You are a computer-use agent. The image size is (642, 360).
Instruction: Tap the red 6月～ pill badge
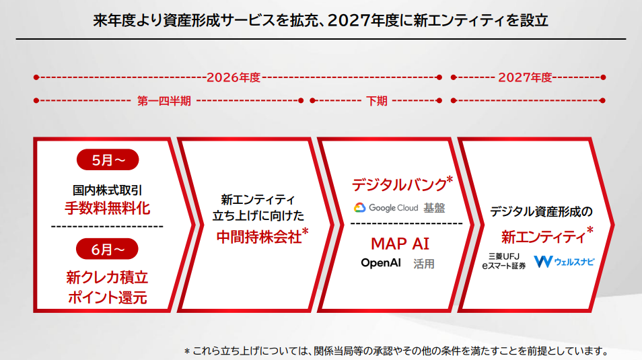[x=107, y=249]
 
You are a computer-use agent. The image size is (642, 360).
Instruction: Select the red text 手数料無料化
[x=107, y=207]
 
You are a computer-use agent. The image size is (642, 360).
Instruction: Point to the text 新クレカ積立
[x=107, y=277]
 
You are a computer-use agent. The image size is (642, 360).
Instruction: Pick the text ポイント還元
[x=107, y=297]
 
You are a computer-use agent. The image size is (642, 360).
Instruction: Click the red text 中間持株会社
[x=258, y=236]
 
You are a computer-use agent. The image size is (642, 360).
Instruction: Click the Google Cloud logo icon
[x=360, y=208]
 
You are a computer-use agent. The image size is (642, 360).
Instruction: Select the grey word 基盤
[x=434, y=208]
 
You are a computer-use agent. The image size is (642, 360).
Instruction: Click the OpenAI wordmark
[x=381, y=263]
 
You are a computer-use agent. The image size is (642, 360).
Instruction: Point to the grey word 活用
[x=424, y=264]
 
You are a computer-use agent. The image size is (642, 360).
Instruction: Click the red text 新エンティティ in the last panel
[x=542, y=236]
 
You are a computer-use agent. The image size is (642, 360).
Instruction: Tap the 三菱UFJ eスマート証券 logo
[x=503, y=262]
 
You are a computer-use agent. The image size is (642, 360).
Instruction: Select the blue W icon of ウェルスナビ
[x=542, y=261]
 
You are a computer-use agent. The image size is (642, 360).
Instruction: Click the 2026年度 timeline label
[x=233, y=77]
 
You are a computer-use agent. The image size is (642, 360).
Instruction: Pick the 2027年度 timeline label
[x=525, y=77]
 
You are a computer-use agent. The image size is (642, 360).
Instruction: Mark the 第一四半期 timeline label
[x=164, y=101]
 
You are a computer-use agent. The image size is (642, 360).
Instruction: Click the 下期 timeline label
[x=377, y=101]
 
